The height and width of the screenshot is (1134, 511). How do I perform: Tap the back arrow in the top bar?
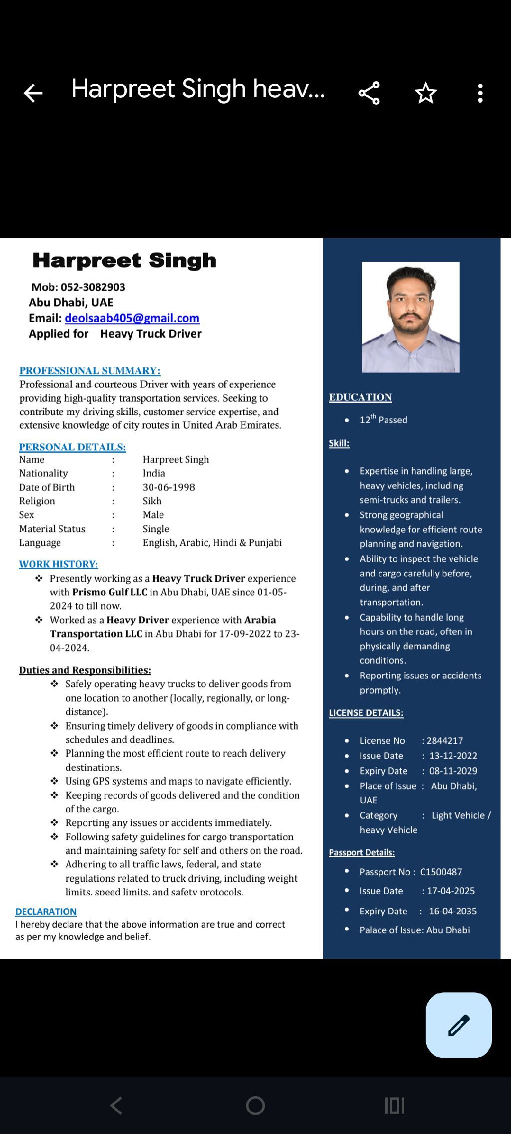[x=33, y=93]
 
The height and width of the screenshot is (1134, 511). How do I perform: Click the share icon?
[x=369, y=93]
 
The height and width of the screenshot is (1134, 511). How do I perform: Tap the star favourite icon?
[x=426, y=93]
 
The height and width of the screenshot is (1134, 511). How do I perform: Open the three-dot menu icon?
[x=480, y=93]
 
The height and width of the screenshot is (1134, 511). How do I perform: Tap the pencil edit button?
[x=459, y=1025]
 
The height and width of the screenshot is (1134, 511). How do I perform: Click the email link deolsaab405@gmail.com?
[x=132, y=318]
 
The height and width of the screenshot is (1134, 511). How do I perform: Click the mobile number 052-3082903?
[x=93, y=287]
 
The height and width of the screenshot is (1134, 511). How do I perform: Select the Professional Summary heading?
[x=90, y=371]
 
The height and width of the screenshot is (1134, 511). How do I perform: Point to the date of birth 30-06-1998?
[x=169, y=487]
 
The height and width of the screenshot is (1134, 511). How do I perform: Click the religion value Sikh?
[x=152, y=501]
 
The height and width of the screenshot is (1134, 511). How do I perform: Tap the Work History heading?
[x=58, y=564]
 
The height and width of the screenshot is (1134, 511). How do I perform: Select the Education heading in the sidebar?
[x=360, y=397]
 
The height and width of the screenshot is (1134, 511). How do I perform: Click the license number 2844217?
[x=445, y=741]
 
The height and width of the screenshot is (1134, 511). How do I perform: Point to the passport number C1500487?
[x=441, y=872]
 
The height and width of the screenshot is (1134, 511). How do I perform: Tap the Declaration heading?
[x=46, y=912]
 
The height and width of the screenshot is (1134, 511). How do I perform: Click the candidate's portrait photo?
[x=410, y=317]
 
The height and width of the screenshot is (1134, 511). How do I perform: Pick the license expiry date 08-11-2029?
[x=453, y=771]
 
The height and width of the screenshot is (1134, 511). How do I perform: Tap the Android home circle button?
[x=255, y=1106]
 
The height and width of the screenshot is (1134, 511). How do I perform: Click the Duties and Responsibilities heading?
[x=85, y=670]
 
